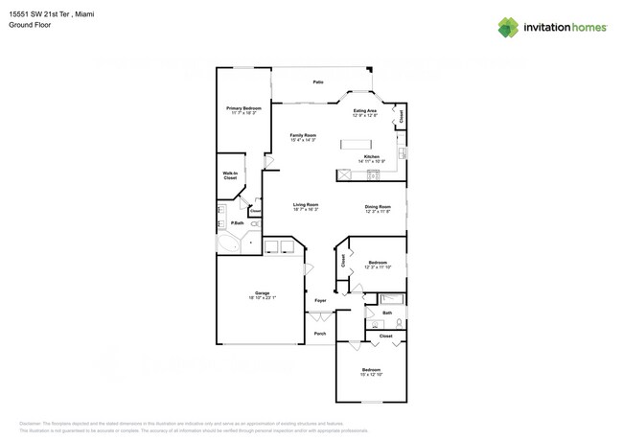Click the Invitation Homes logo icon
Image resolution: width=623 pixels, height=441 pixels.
tap(508, 28)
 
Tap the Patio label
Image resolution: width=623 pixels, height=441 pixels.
tap(318, 82)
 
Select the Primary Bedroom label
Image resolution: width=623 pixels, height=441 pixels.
tap(243, 109)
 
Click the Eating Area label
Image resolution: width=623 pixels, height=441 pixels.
tap(365, 111)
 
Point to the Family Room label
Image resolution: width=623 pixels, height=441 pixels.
tap(303, 135)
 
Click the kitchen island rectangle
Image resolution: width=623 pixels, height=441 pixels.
tap(362, 144)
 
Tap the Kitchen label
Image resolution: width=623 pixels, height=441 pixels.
tap(371, 156)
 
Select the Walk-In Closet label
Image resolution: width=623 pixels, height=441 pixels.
tap(230, 176)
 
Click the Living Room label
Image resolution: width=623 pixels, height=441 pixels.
tap(305, 204)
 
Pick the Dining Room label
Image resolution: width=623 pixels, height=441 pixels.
tap(378, 206)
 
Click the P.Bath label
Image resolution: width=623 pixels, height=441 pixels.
tap(236, 223)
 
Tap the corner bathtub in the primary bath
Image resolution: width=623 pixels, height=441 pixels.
tap(228, 244)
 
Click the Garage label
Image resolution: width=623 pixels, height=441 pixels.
tap(262, 293)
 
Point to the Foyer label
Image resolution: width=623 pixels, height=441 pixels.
tap(320, 300)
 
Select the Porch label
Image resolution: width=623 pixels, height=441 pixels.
tap(320, 334)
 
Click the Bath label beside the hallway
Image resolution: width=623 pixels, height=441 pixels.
tap(387, 313)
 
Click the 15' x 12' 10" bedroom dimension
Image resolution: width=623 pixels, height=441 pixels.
tap(371, 375)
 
